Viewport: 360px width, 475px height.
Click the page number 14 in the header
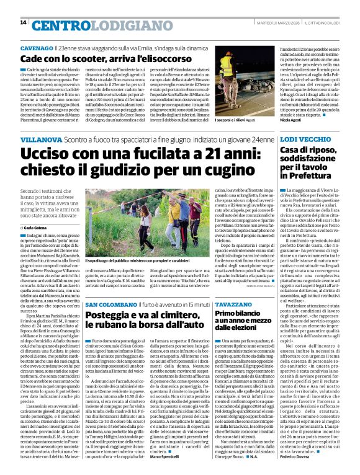pos(23,23)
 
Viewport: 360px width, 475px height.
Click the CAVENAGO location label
pos(35,48)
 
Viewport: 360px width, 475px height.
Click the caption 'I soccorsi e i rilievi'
pos(251,128)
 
